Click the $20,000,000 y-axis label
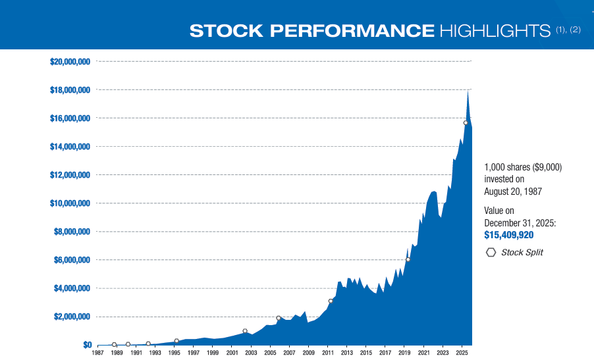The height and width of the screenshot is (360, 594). (70, 61)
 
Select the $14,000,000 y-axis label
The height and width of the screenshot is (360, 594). (70, 147)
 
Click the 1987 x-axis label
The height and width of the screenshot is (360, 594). (97, 353)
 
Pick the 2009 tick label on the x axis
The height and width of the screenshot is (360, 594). (308, 353)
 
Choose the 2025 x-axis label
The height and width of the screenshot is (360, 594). (462, 353)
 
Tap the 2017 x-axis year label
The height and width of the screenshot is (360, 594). (385, 353)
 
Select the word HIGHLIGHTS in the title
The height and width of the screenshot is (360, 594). (495, 31)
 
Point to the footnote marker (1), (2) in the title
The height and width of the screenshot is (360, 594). (568, 29)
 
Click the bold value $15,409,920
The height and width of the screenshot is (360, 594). (509, 235)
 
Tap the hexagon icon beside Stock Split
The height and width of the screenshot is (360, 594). (491, 253)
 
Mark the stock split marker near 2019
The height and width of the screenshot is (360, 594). (408, 259)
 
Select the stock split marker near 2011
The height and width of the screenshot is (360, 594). (331, 301)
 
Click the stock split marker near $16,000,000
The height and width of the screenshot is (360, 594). (466, 123)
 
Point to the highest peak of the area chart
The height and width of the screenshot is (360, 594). (468, 91)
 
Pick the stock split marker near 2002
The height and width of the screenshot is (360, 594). (245, 331)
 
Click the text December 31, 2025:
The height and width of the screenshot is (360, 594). (520, 223)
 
